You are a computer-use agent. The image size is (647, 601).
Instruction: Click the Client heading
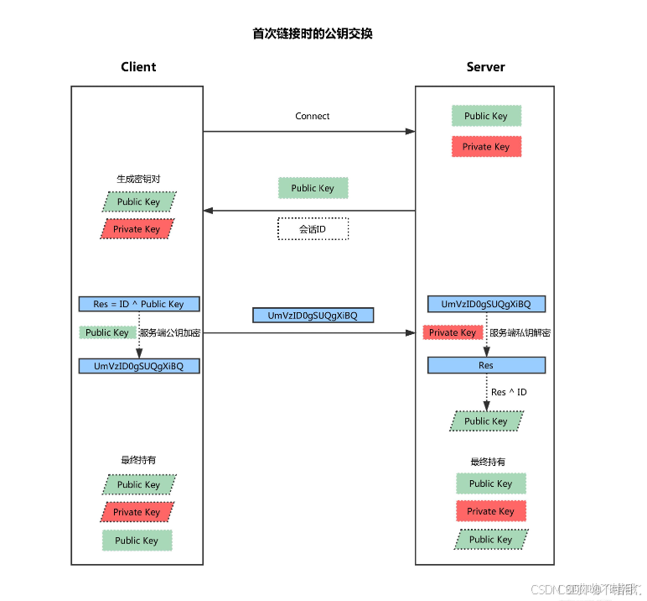click(x=138, y=67)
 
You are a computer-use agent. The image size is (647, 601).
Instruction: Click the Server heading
click(x=485, y=67)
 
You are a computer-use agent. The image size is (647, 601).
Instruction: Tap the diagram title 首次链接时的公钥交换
click(x=313, y=34)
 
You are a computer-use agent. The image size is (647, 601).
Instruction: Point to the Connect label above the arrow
click(x=313, y=116)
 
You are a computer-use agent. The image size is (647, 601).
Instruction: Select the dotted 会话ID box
click(x=313, y=228)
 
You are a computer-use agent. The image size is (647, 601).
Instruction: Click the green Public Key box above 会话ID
click(x=313, y=188)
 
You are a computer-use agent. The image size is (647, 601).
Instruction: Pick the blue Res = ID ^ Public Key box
click(x=139, y=304)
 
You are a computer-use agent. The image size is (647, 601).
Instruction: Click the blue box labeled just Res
click(x=486, y=365)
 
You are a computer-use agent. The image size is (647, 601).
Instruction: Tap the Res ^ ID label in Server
click(x=509, y=392)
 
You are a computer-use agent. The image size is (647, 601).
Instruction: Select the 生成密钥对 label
click(x=138, y=180)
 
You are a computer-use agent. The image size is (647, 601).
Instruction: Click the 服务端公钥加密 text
click(x=170, y=333)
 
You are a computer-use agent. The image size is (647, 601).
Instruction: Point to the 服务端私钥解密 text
click(x=520, y=333)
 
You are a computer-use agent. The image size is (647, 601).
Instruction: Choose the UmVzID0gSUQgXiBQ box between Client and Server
click(x=313, y=316)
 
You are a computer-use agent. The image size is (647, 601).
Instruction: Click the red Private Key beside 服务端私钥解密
click(x=453, y=332)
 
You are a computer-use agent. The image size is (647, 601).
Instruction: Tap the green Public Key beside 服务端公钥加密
click(x=107, y=332)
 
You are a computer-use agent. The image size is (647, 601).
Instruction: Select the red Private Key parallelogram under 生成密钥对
click(x=137, y=229)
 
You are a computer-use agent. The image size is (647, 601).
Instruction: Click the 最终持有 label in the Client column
click(x=138, y=461)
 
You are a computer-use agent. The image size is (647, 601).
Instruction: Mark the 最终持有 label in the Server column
click(x=488, y=462)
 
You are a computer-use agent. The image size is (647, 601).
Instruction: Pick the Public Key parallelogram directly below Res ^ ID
click(x=486, y=421)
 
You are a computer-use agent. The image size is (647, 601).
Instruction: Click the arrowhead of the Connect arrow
click(x=411, y=131)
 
